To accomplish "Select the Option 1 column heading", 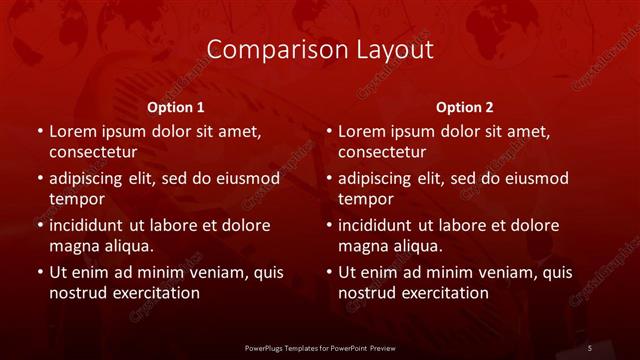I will [x=176, y=107].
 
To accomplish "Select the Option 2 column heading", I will [x=465, y=107].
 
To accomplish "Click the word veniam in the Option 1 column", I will [x=208, y=273].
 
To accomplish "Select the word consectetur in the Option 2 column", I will [x=382, y=152].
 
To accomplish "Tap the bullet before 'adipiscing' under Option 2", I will [x=328, y=179].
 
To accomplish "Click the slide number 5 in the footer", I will [x=590, y=347].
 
